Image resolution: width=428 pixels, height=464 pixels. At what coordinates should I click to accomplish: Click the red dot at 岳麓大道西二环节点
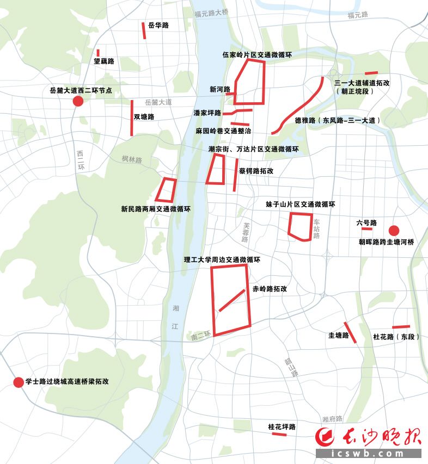tap(78, 102)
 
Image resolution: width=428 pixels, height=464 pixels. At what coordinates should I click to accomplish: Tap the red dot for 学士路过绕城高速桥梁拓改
tap(18, 382)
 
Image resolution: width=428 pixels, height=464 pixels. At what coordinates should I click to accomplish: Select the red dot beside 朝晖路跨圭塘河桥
tap(394, 231)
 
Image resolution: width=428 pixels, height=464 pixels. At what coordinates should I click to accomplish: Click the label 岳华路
tap(158, 26)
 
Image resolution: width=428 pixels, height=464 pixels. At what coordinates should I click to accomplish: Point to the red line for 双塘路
tap(132, 117)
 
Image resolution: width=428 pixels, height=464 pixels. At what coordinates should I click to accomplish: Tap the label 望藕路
tap(103, 61)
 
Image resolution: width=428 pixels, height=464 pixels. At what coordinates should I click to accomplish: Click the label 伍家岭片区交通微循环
tap(258, 54)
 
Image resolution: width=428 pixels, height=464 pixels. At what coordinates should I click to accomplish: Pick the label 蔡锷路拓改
tap(256, 171)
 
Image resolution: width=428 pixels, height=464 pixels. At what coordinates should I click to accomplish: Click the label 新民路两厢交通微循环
tap(156, 209)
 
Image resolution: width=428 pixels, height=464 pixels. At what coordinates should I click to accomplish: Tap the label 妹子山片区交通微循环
tap(300, 204)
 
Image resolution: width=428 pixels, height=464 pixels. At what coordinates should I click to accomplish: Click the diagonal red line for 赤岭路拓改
tap(232, 300)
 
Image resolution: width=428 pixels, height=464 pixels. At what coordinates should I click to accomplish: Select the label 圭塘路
tap(338, 335)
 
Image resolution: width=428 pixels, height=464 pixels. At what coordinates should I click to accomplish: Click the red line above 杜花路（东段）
tap(401, 327)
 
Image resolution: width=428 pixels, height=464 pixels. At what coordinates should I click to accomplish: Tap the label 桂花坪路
tap(282, 427)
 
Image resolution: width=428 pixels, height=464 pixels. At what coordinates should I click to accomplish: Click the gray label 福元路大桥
tap(211, 12)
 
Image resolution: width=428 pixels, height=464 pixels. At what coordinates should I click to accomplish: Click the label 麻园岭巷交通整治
tap(224, 131)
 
